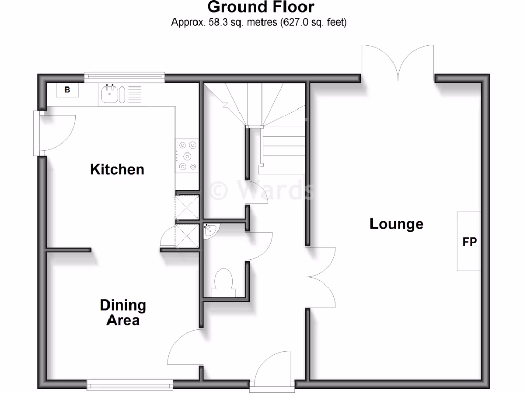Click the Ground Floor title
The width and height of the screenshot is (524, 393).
coord(260,7)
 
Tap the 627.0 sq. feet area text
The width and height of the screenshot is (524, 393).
coord(313,23)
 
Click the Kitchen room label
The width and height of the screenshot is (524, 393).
coord(117,169)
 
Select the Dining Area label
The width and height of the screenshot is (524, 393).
coord(122,313)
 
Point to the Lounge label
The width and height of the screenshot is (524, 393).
coord(397,224)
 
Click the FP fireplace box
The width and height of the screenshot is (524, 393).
coord(469,242)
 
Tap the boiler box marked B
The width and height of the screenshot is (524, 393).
coord(67,90)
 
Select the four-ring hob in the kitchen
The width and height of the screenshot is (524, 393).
coord(187,156)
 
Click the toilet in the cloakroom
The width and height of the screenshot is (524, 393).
coord(224,283)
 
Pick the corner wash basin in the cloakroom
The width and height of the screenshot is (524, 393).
coord(210,231)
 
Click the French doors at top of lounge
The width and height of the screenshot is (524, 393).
coord(398,62)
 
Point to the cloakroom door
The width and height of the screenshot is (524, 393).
coord(260,247)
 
